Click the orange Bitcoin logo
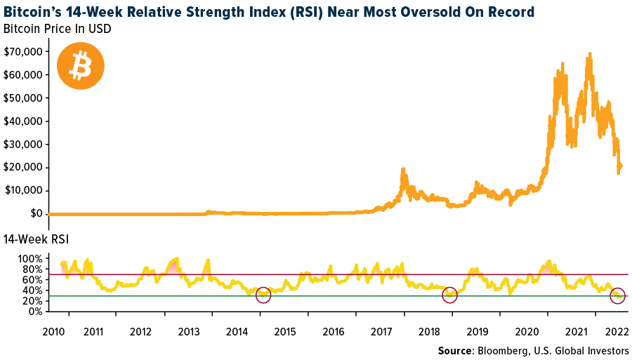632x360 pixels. click(x=80, y=67)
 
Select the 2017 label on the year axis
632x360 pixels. click(x=381, y=331)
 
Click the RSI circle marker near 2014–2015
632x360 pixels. click(x=263, y=295)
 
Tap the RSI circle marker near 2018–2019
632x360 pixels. click(x=449, y=295)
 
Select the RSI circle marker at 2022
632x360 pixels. click(x=617, y=295)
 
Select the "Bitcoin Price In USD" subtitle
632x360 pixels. click(x=57, y=29)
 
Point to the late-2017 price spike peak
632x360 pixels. click(x=404, y=169)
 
